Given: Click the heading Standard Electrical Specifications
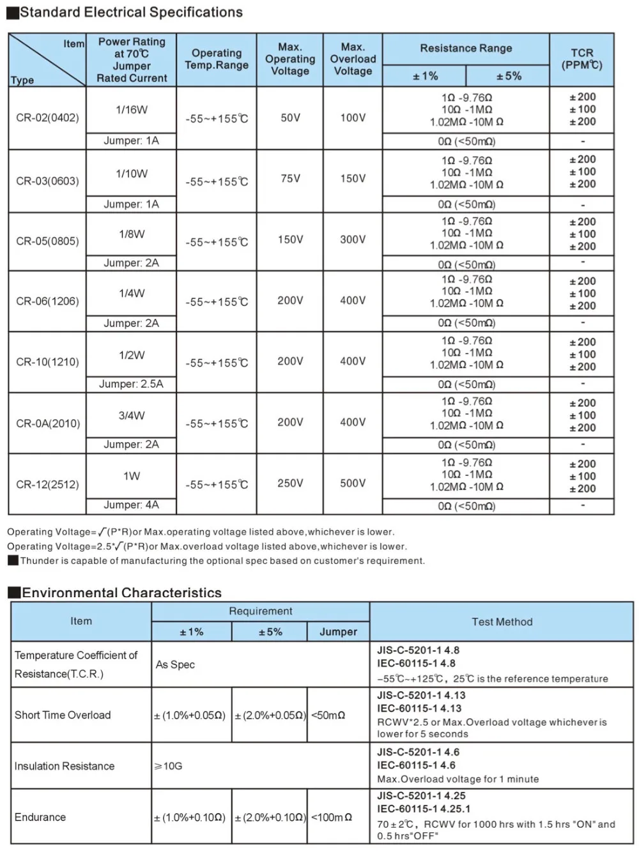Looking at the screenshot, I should pyautogui.click(x=131, y=12).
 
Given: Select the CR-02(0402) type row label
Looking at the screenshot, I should pyautogui.click(x=47, y=118).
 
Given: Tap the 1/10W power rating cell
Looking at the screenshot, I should pyautogui.click(x=132, y=174).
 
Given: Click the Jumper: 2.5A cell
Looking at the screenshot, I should pyautogui.click(x=131, y=384).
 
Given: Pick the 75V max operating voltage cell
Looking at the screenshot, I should pyautogui.click(x=290, y=179).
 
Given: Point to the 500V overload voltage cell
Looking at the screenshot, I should pyautogui.click(x=353, y=484).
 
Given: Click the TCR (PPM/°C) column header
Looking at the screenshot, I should pyautogui.click(x=581, y=59).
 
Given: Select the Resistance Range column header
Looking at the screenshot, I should pyautogui.click(x=466, y=49).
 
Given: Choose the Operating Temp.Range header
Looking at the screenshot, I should pyautogui.click(x=217, y=59).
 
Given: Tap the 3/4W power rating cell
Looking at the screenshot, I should pyautogui.click(x=132, y=416).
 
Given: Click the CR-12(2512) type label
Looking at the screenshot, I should pyautogui.click(x=47, y=485).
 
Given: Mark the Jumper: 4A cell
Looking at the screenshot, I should pyautogui.click(x=131, y=505).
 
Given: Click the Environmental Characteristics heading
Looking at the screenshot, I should pyautogui.click(x=121, y=593).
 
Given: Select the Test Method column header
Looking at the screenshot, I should pyautogui.click(x=502, y=621).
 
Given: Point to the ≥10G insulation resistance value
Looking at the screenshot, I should pyautogui.click(x=169, y=766).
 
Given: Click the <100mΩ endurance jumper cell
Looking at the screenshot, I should pyautogui.click(x=332, y=818).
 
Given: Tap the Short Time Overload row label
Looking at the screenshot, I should pyautogui.click(x=63, y=715).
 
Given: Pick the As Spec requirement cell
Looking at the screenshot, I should pyautogui.click(x=175, y=665).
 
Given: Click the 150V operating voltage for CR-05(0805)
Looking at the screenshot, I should pyautogui.click(x=290, y=240).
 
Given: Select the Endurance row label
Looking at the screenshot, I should pyautogui.click(x=40, y=818).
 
